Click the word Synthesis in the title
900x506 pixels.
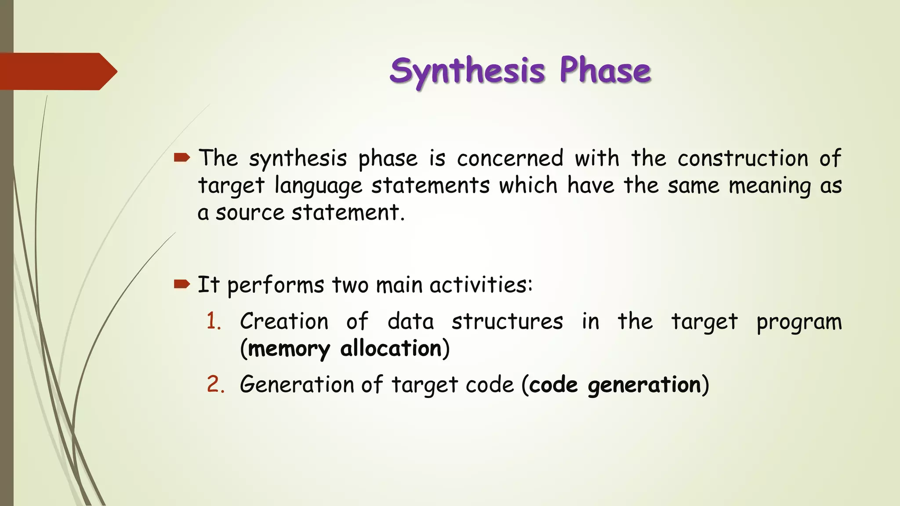pos(467,71)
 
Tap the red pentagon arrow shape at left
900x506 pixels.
pos(57,71)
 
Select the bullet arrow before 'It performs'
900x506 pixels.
pos(181,284)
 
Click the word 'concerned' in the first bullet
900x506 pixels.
pos(510,158)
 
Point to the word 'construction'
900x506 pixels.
pos(743,158)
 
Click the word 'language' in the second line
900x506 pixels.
pos(318,186)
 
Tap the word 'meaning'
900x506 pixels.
pos(769,186)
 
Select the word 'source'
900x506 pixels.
pos(250,213)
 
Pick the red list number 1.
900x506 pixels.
pos(214,321)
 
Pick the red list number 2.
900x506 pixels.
pos(215,384)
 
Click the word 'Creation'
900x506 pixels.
pos(284,321)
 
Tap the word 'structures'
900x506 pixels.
pos(507,321)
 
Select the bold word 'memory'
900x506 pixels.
pos(289,350)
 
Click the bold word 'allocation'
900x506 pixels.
pos(391,349)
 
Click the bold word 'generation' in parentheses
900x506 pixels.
pos(644,386)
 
